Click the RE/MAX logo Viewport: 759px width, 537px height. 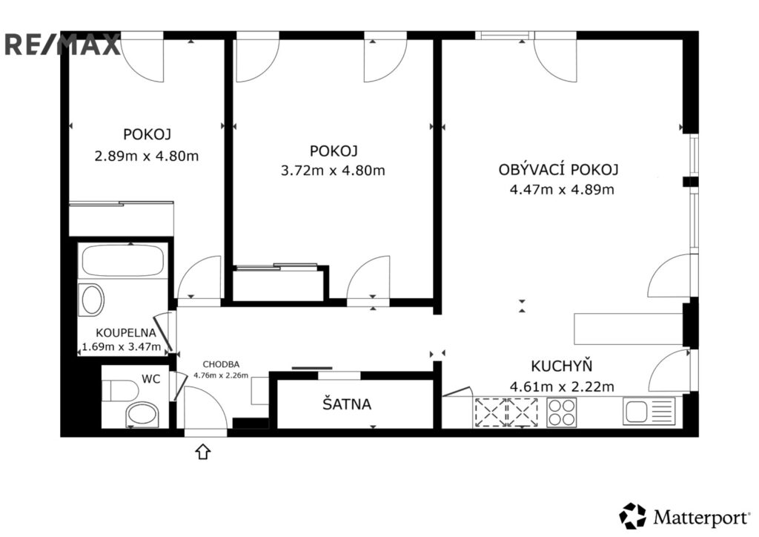62,45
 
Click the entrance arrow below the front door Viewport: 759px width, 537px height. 203,450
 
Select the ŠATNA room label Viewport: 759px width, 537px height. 346,405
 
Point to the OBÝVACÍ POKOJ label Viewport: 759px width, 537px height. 558,170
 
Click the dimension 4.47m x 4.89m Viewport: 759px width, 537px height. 561,189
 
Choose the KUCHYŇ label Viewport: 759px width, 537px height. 561,366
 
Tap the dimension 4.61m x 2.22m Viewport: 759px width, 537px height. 562,386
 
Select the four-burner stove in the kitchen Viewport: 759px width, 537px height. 561,412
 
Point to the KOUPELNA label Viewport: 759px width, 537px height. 125,333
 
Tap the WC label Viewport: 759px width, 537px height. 151,379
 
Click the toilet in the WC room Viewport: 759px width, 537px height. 119,389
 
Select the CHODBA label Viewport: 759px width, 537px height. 221,364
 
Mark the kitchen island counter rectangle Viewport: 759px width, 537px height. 629,327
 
